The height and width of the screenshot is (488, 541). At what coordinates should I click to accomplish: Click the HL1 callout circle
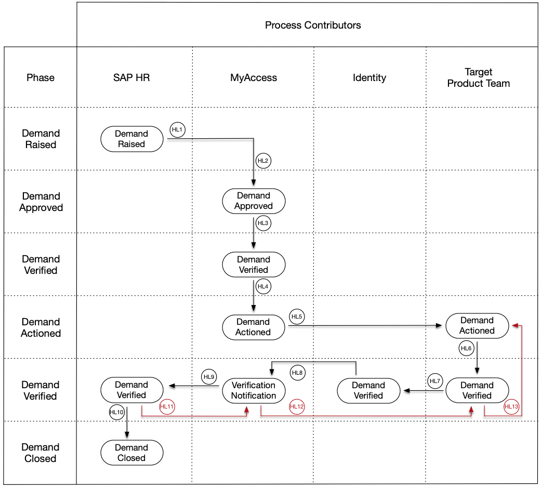[177, 130]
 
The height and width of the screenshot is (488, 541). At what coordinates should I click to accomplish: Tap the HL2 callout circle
[263, 161]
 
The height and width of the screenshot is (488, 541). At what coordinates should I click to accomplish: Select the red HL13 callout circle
[511, 406]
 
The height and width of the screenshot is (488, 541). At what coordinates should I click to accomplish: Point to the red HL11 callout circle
[167, 406]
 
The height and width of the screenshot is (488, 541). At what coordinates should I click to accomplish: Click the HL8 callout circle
[297, 373]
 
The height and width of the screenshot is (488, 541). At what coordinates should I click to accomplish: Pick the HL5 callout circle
[297, 317]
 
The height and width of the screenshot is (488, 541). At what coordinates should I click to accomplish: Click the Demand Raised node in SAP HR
[132, 139]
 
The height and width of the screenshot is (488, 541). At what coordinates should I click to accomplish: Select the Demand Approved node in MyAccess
[254, 201]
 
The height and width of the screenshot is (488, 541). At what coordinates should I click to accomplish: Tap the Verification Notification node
[254, 390]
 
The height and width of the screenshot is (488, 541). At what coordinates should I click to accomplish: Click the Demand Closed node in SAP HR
[132, 453]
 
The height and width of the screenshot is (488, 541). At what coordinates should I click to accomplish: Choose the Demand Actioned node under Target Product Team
[477, 325]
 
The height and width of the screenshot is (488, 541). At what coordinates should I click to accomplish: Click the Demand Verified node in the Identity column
[368, 390]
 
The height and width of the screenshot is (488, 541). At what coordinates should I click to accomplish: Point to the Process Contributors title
[313, 25]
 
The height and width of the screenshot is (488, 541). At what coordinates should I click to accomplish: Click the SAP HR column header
[131, 77]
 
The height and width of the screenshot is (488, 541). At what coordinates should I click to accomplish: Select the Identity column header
[369, 77]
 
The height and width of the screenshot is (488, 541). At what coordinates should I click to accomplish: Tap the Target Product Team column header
[479, 77]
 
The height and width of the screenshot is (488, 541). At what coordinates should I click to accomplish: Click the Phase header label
[41, 77]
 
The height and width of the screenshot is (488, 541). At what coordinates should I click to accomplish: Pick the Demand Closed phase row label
[41, 453]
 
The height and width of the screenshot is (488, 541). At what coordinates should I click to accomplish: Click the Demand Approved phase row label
[41, 202]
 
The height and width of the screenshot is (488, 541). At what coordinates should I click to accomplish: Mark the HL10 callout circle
[117, 412]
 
